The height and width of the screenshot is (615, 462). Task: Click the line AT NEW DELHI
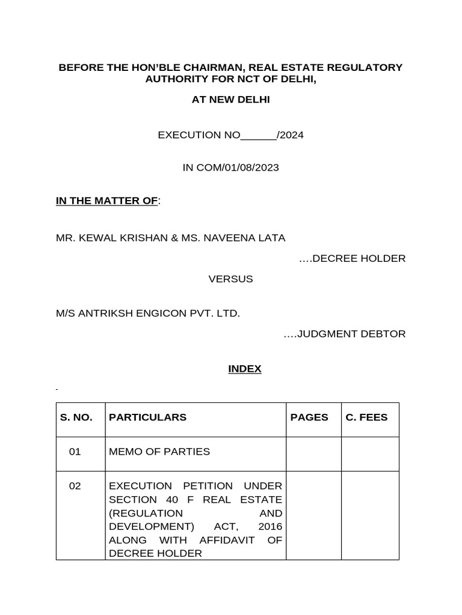click(231, 100)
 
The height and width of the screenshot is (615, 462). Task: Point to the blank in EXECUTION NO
click(258, 135)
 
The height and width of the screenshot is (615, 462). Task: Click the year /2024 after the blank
click(290, 135)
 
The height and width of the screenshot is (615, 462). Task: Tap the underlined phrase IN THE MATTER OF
click(106, 201)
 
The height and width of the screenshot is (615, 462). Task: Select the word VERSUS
click(231, 279)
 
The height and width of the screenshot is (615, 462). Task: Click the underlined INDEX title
click(245, 369)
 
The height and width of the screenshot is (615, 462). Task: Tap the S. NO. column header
click(76, 417)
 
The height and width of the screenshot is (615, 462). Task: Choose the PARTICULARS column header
click(147, 417)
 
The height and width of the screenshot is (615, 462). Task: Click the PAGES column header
click(309, 417)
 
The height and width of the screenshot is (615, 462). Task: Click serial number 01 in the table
click(75, 452)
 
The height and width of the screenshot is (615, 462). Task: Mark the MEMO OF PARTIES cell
click(159, 452)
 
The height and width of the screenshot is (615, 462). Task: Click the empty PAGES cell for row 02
click(313, 515)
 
